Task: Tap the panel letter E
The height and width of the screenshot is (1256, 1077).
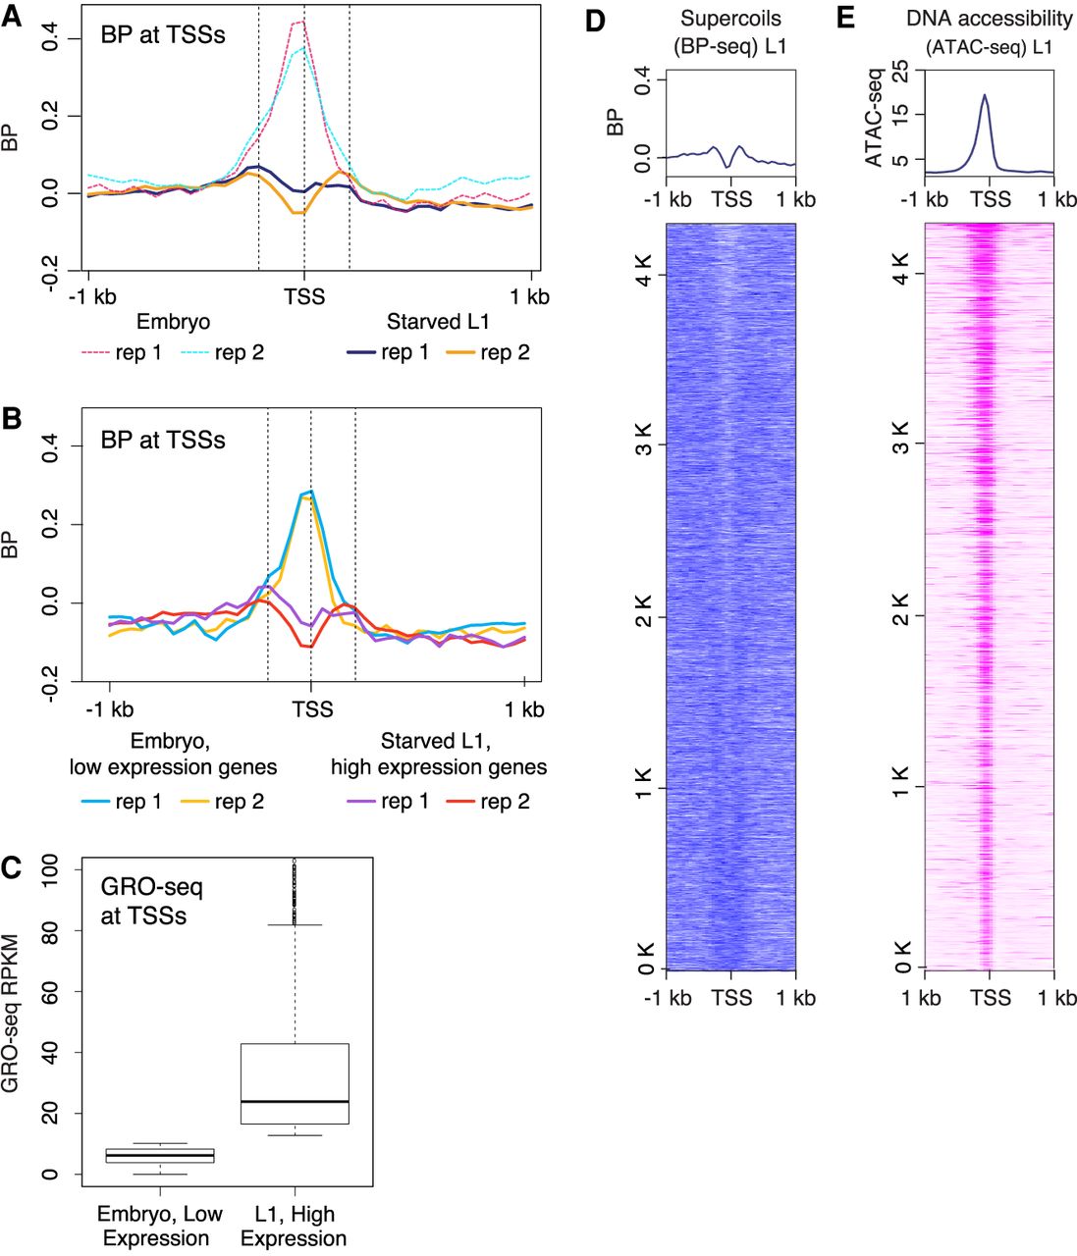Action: tap(844, 18)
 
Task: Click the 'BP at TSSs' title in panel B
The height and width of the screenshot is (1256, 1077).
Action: tap(163, 441)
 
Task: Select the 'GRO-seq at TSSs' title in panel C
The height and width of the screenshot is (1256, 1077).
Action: tap(152, 902)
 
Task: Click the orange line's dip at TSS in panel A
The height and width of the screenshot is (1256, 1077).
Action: tap(300, 212)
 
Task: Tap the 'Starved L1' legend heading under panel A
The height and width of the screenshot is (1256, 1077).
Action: tap(438, 322)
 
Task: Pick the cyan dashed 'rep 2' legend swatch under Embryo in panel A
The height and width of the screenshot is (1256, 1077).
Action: tap(195, 353)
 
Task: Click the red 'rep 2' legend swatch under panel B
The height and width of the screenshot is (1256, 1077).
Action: tap(460, 802)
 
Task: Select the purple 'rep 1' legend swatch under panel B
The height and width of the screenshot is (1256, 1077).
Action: tap(361, 802)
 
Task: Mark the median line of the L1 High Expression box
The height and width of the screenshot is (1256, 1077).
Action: tap(295, 1102)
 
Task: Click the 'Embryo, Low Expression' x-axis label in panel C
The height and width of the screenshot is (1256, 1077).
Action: tap(159, 1226)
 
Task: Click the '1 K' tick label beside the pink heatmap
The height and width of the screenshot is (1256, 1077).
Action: tap(900, 787)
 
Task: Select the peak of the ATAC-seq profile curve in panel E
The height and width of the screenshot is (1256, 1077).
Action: tap(984, 95)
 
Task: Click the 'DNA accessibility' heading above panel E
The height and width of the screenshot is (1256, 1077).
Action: tap(989, 19)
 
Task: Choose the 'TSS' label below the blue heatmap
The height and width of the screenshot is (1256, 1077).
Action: tap(731, 998)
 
